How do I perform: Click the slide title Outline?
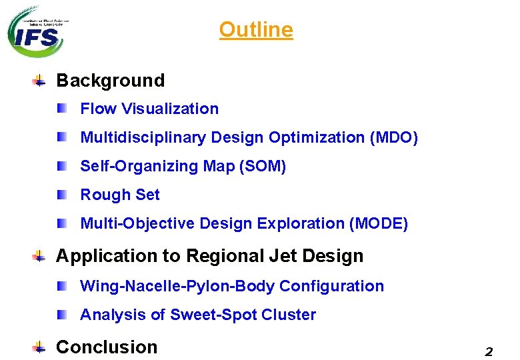(256, 30)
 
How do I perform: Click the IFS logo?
(36, 31)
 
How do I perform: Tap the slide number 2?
(489, 351)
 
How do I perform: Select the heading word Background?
(110, 81)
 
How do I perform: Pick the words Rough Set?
(120, 195)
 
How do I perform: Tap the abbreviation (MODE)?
(378, 223)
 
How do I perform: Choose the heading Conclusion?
(107, 347)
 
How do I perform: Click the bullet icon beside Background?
(40, 81)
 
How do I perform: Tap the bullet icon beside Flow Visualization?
(62, 108)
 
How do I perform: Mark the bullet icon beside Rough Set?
(62, 195)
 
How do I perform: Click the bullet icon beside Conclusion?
(40, 347)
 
